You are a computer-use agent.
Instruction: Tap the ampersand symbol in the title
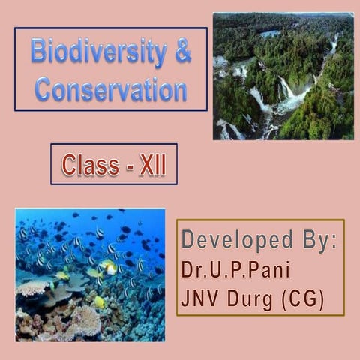pos(182,53)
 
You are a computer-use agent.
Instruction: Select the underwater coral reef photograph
pos(89,274)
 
